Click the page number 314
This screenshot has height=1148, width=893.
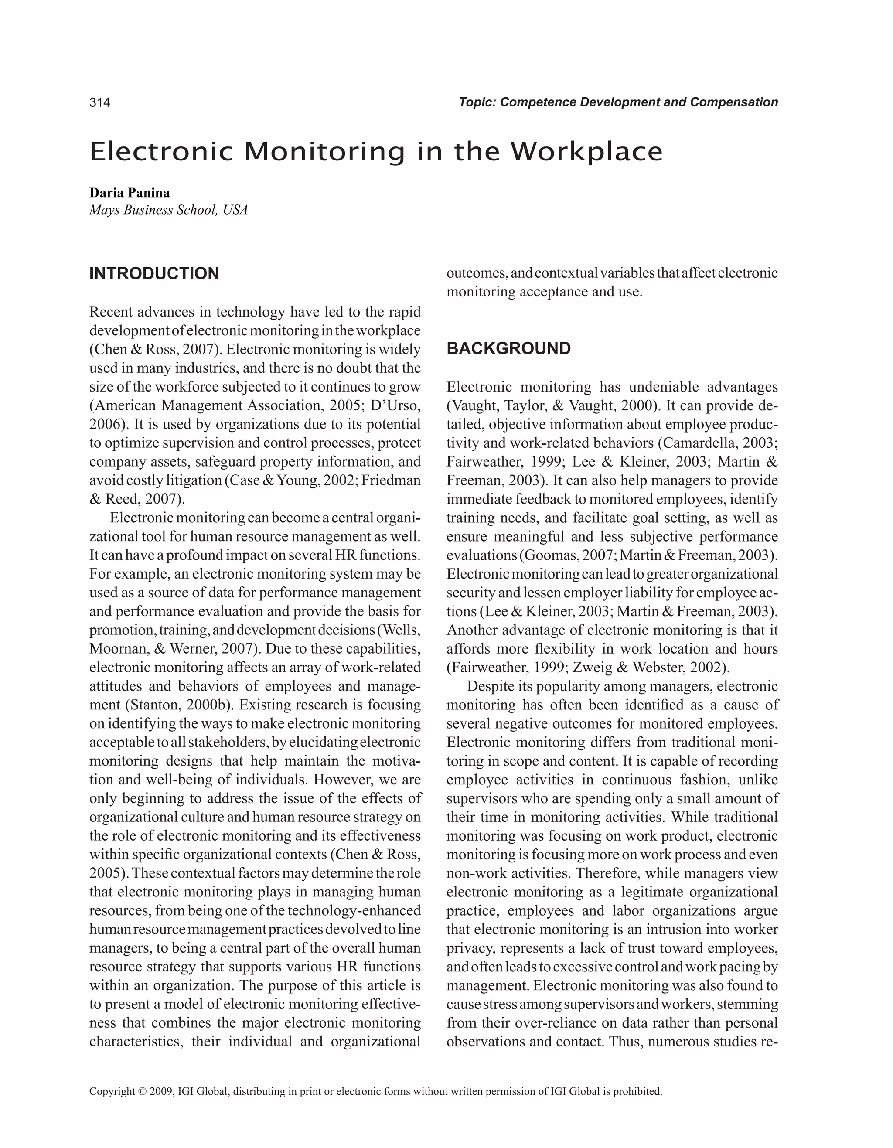pos(99,102)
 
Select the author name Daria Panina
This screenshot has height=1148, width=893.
pos(130,192)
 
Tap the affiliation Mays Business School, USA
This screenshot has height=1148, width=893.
pos(168,210)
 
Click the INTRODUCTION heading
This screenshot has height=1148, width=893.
pos(154,274)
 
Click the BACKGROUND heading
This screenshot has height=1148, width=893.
pos(508,348)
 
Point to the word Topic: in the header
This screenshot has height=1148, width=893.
pos(477,102)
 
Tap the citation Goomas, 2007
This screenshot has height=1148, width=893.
pos(569,555)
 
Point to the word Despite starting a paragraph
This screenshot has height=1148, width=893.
pos(491,686)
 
